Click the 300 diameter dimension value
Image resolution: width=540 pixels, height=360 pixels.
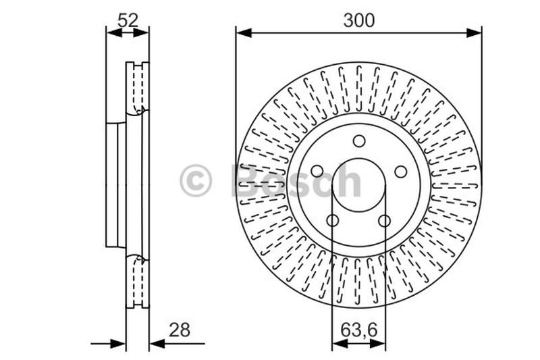(x=358, y=20)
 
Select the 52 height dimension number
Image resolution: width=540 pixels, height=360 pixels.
(x=128, y=20)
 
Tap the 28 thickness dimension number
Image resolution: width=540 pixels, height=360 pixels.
(x=180, y=330)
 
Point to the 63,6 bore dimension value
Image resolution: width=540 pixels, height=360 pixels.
(x=358, y=330)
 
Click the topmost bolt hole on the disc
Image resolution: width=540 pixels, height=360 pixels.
(x=359, y=141)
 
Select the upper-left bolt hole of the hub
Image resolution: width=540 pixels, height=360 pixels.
(x=317, y=172)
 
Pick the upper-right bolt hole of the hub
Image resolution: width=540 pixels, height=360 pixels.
(x=401, y=172)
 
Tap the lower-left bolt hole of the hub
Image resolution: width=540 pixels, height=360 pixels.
(x=333, y=220)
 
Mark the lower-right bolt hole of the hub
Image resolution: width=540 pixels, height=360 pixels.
(x=385, y=220)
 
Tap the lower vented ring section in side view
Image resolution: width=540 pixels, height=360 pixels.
(x=138, y=282)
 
